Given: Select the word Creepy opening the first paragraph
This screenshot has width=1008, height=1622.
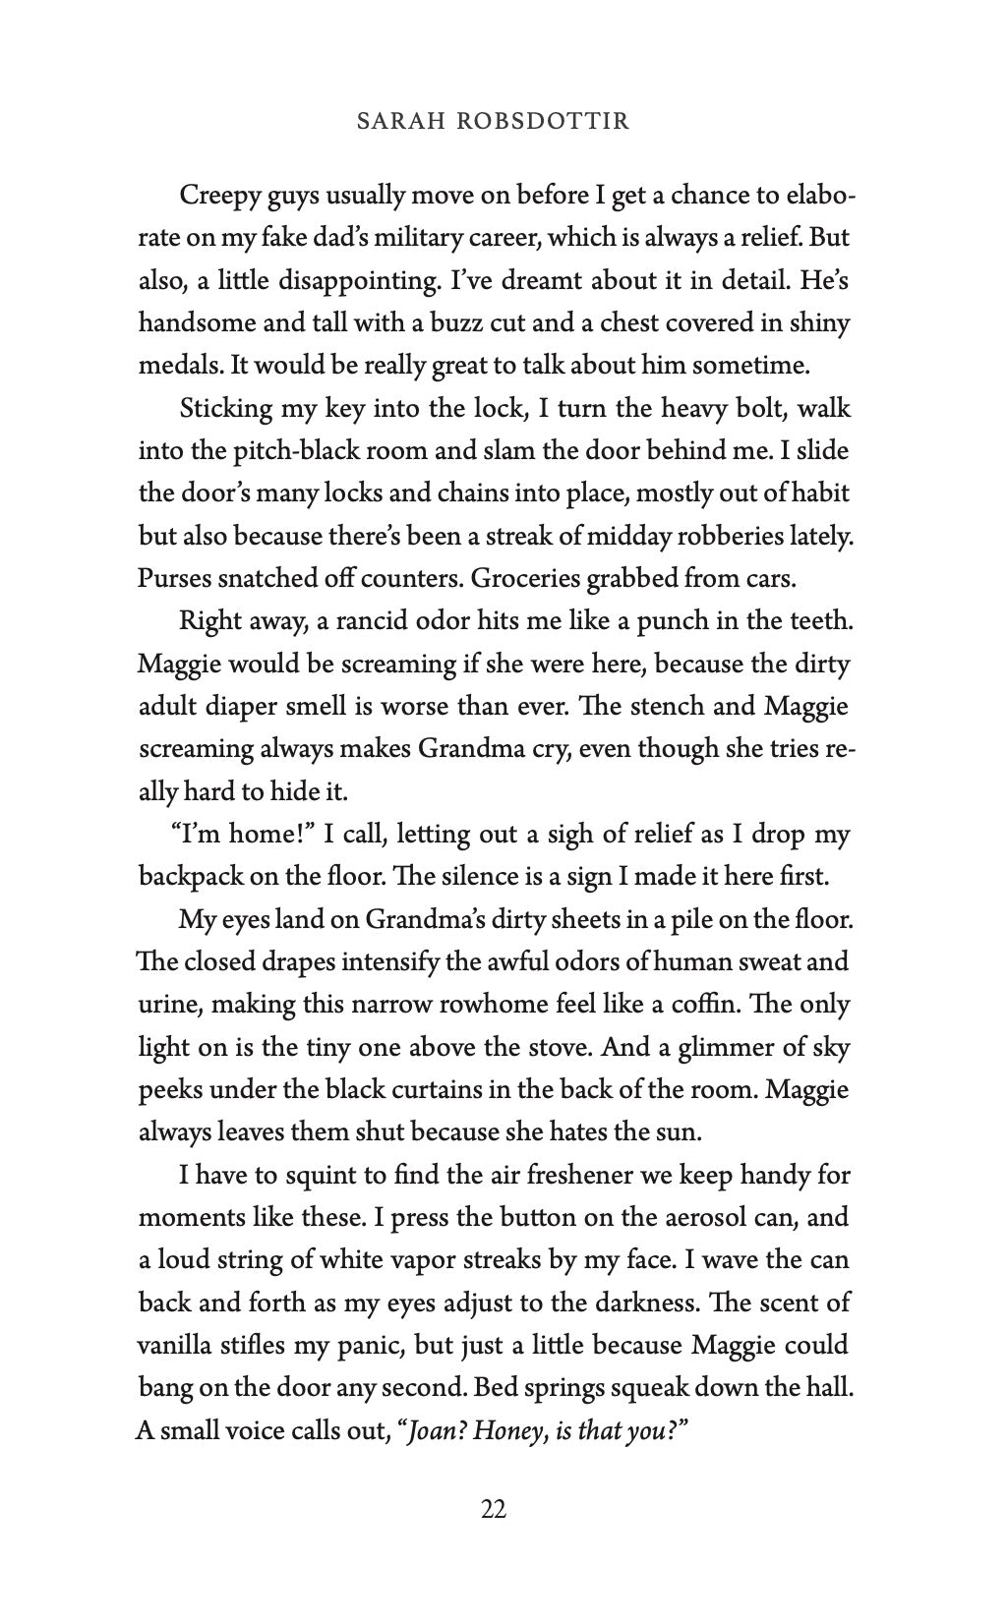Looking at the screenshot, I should pyautogui.click(x=215, y=196).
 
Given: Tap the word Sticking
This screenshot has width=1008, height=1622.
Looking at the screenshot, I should pyautogui.click(x=220, y=408).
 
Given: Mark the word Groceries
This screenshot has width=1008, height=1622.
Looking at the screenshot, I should pyautogui.click(x=524, y=578).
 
